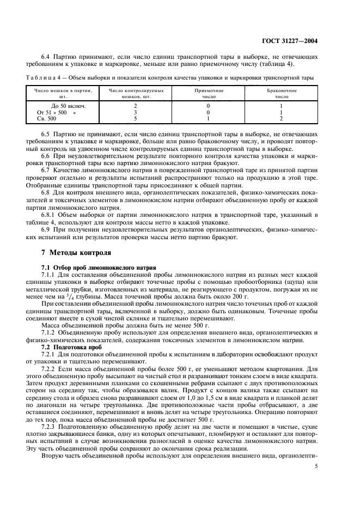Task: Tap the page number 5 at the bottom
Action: (316, 466)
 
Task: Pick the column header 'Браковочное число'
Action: (281, 93)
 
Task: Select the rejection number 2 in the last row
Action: (281, 118)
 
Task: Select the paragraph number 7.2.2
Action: (50, 369)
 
